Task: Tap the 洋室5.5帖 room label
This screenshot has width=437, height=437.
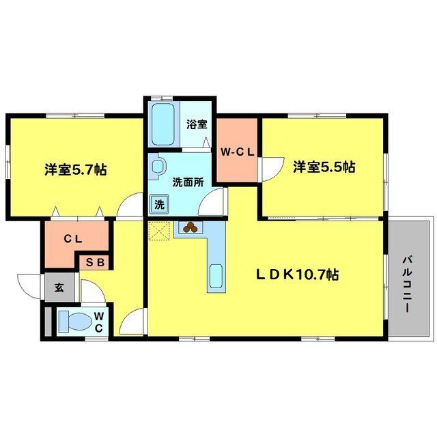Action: (x=324, y=166)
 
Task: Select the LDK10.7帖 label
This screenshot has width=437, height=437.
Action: (x=298, y=274)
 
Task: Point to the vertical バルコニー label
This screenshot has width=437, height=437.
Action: (x=407, y=283)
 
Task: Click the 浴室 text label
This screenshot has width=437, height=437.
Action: (x=199, y=124)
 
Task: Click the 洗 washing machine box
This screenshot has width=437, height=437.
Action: (x=158, y=203)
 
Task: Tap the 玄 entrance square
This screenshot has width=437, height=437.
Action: (x=59, y=287)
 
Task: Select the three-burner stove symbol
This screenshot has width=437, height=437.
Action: (x=189, y=228)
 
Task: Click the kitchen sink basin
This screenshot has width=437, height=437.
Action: (x=215, y=277)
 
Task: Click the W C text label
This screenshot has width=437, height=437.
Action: (x=99, y=322)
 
